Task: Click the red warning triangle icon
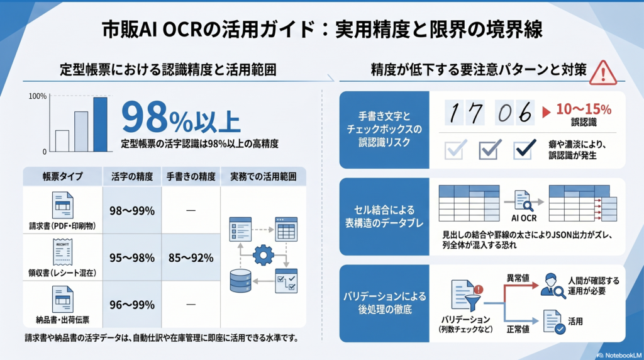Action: pyautogui.click(x=602, y=74)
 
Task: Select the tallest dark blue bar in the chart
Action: pyautogui.click(x=100, y=125)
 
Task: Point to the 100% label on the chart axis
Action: pyautogui.click(x=37, y=96)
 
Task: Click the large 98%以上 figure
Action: pyautogui.click(x=180, y=118)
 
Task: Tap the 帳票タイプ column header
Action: pyautogui.click(x=63, y=177)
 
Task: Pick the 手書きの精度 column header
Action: pyautogui.click(x=191, y=177)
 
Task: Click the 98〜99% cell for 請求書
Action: pyautogui.click(x=132, y=211)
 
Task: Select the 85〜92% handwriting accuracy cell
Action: pyautogui.click(x=191, y=257)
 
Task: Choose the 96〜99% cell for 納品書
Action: pyautogui.click(x=132, y=305)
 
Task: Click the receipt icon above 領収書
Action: pyautogui.click(x=63, y=252)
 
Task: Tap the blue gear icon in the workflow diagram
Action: pyautogui.click(x=264, y=255)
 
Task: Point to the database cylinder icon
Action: pyautogui.click(x=240, y=281)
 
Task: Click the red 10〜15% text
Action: pyautogui.click(x=584, y=110)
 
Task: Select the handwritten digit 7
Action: pyautogui.click(x=475, y=113)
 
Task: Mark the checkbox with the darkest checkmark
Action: pyautogui.click(x=525, y=149)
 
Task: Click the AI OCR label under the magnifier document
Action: pyautogui.click(x=524, y=218)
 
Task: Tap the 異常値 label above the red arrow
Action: pyautogui.click(x=518, y=278)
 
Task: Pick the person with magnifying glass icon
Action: pyautogui.click(x=552, y=285)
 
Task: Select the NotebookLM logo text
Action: pyautogui.click(x=619, y=355)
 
